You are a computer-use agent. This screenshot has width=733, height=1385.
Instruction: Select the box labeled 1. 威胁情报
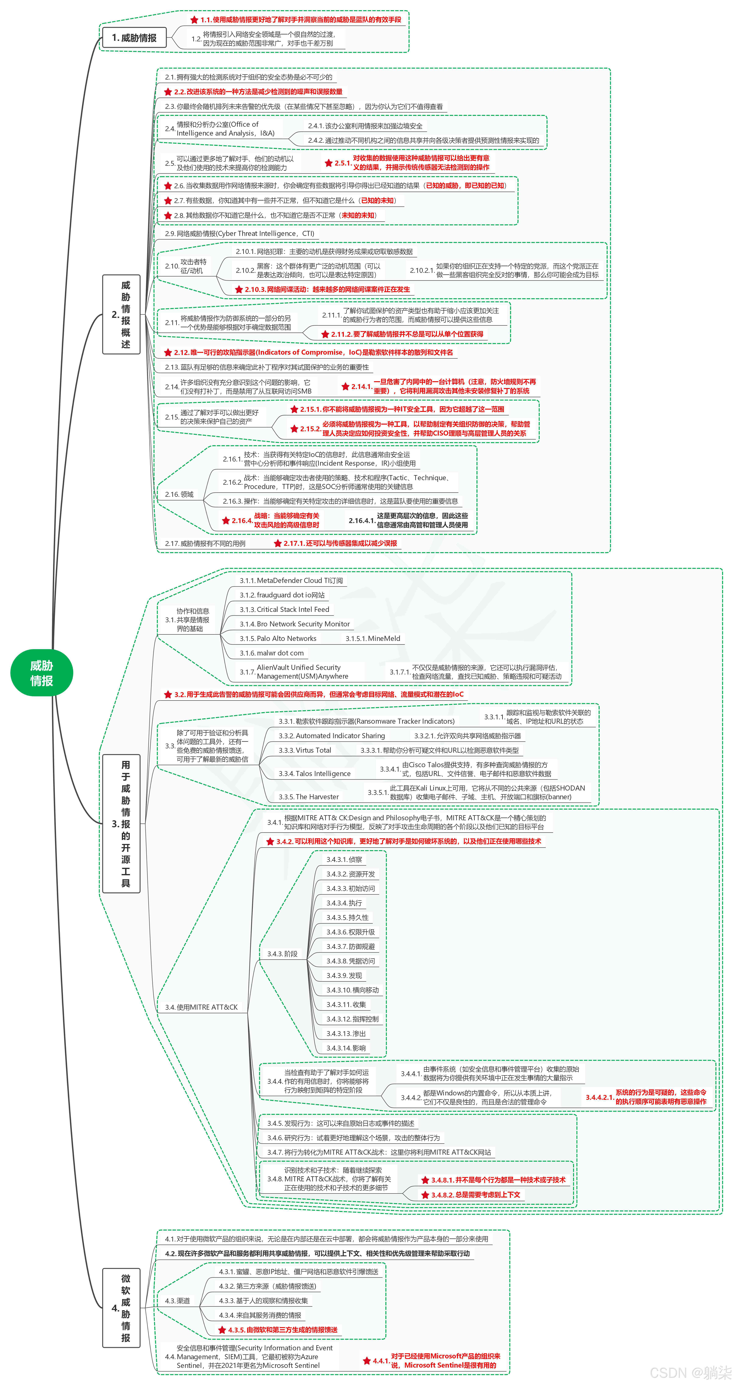point(134,38)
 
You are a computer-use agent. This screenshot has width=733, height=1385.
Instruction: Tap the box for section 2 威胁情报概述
point(122,314)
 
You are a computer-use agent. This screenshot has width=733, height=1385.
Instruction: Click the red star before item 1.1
point(194,20)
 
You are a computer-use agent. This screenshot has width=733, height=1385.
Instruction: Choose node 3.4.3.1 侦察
point(344,860)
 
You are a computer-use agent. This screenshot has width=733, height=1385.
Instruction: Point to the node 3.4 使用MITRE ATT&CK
point(201,1007)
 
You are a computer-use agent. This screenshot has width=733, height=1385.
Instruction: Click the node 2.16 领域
point(179,495)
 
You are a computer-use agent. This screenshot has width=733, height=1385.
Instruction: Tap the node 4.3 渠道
point(177,1301)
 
